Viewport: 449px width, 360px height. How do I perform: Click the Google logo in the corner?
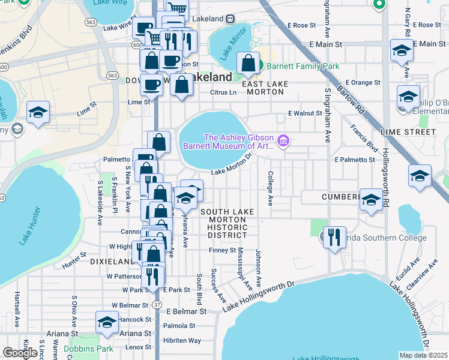[20, 353]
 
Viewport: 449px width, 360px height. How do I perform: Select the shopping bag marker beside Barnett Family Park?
[248, 63]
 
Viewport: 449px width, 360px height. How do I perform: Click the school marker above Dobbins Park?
[107, 322]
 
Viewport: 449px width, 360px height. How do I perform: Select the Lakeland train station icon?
[229, 19]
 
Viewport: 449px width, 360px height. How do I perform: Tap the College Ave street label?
[271, 188]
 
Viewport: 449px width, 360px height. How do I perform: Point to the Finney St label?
[223, 250]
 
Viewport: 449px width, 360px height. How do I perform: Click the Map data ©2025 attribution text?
[424, 355]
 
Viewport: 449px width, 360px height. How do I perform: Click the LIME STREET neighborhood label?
[408, 132]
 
